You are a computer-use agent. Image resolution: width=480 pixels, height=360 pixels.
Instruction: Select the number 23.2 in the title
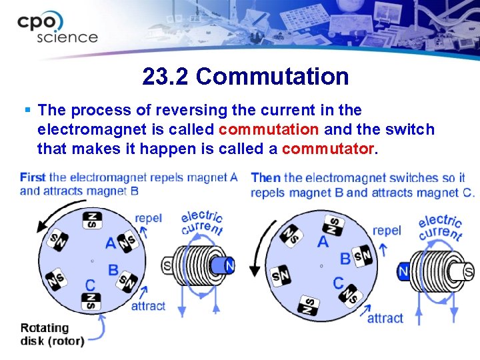point(166,77)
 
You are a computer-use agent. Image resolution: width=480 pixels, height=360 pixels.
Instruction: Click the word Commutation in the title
point(273,77)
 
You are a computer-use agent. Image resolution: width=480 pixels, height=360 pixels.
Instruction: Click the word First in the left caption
point(33,177)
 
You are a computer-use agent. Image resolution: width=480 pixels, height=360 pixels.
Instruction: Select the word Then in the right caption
point(265,177)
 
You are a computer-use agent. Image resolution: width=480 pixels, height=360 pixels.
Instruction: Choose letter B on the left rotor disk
point(113,270)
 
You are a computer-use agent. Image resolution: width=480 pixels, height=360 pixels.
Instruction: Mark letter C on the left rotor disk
point(90,285)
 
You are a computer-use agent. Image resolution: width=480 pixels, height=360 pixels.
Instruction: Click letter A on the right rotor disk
point(323,241)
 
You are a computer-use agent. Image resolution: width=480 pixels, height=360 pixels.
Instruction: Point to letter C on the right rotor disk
point(339,283)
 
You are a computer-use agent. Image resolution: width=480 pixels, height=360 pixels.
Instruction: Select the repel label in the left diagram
point(148,218)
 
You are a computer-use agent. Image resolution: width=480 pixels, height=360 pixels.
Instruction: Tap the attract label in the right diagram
point(385,318)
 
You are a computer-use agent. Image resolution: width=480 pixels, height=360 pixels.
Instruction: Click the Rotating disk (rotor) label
point(52,334)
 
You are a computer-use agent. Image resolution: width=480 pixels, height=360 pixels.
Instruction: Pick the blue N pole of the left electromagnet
point(228,265)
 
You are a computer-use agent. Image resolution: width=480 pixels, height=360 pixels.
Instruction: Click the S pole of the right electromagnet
point(468,271)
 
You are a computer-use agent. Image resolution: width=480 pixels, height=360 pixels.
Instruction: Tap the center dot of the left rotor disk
point(92,261)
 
